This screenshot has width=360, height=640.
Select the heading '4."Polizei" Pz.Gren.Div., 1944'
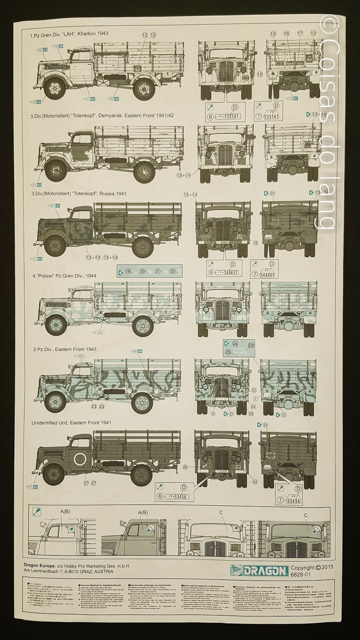[x=64, y=276]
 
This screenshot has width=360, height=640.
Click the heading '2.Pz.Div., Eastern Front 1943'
[x=64, y=349]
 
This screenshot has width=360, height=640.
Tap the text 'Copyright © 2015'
[x=312, y=567]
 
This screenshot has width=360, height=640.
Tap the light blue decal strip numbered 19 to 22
[x=150, y=271]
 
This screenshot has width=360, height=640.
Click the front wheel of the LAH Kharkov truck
[x=54, y=88]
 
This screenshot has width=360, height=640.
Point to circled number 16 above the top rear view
[x=286, y=34]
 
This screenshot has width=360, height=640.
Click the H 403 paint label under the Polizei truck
[x=98, y=332]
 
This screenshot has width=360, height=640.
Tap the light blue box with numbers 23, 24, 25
[x=238, y=348]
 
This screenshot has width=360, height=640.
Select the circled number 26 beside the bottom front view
[x=185, y=467]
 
